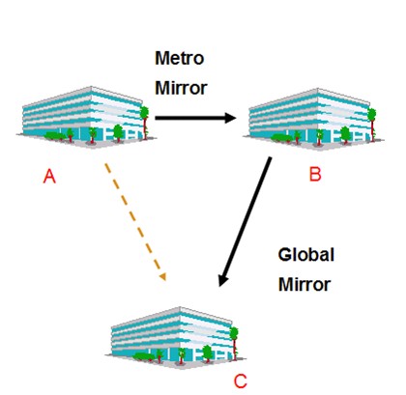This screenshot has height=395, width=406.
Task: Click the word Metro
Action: tap(180, 58)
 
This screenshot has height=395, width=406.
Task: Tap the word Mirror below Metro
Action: tap(181, 88)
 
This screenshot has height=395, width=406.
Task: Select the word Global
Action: tap(305, 255)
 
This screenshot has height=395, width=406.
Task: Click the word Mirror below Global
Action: tap(304, 285)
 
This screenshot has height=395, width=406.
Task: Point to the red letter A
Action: tap(49, 177)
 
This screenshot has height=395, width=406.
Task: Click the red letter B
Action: tap(315, 175)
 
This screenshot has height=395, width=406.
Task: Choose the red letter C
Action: tap(241, 381)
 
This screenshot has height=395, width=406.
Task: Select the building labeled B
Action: tap(313, 118)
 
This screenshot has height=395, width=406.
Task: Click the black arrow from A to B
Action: tap(195, 118)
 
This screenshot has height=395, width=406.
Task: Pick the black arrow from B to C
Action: tap(245, 221)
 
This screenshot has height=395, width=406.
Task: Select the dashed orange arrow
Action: tap(135, 222)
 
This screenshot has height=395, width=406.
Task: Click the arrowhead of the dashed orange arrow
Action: tap(163, 276)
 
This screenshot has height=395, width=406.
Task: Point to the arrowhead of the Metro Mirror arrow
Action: tap(230, 118)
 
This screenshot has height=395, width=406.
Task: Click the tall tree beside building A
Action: tap(145, 123)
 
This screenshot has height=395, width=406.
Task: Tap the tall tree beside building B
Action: tap(372, 125)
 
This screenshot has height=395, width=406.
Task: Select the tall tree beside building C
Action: tap(234, 343)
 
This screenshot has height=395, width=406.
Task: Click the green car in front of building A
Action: tap(55, 136)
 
